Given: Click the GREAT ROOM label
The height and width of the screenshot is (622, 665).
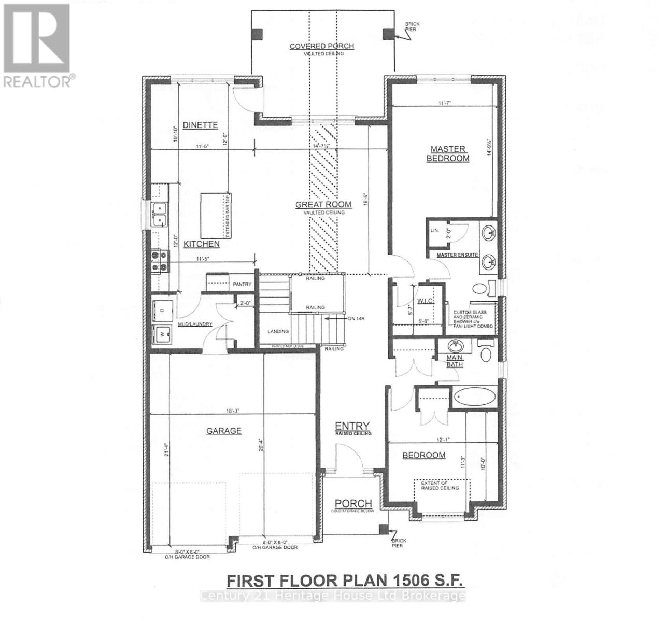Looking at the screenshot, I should click(323, 205).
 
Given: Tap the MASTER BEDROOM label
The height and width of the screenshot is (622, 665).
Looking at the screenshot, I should click(447, 154).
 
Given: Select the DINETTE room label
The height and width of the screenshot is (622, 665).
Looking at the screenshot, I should click(200, 125).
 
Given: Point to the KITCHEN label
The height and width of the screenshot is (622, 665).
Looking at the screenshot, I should click(202, 244).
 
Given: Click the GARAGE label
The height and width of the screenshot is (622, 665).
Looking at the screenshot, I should click(224, 431).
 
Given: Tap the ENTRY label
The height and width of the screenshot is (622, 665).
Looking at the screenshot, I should click(353, 425).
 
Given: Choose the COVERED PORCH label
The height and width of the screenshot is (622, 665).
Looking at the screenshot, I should click(321, 46).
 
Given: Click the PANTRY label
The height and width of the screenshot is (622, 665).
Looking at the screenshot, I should click(242, 284).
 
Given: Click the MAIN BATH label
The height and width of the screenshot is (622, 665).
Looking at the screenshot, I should click(455, 361).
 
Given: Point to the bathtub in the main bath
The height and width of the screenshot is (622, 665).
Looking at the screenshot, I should click(474, 398).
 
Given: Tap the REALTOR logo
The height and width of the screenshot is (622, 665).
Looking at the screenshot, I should click(37, 45).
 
